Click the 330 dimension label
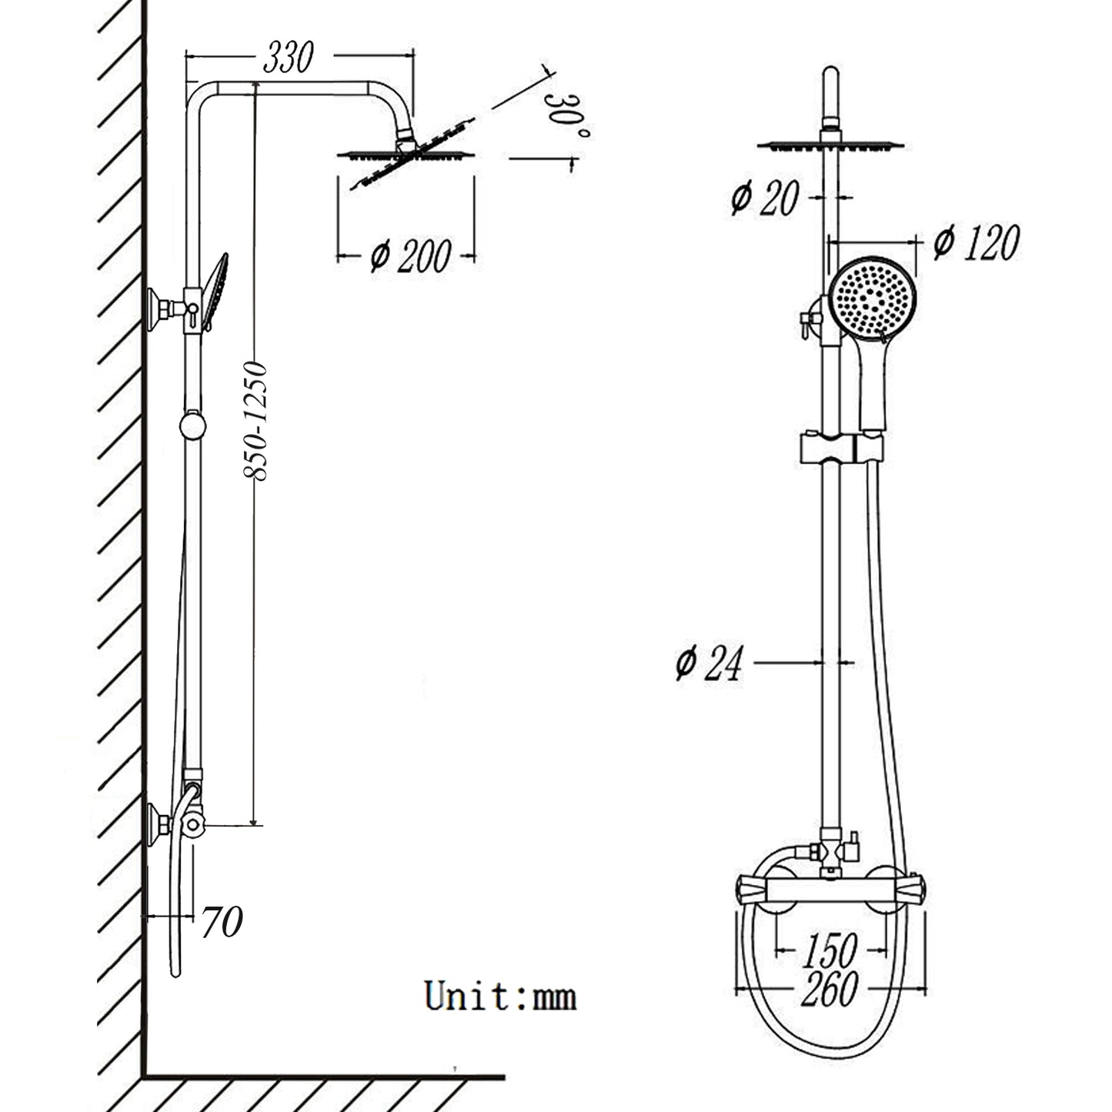coord(288,58)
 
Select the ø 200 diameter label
coord(410,256)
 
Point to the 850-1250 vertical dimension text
coord(255,421)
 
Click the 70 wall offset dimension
coord(222,921)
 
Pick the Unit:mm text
coord(499,997)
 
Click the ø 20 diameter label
coord(765,198)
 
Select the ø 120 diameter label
coord(976,243)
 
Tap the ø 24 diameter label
coord(709,663)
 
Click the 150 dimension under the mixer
coord(829,951)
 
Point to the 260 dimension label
coord(829,989)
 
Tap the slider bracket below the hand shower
coord(841,448)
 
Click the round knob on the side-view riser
coord(193,426)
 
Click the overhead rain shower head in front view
coord(830,145)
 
